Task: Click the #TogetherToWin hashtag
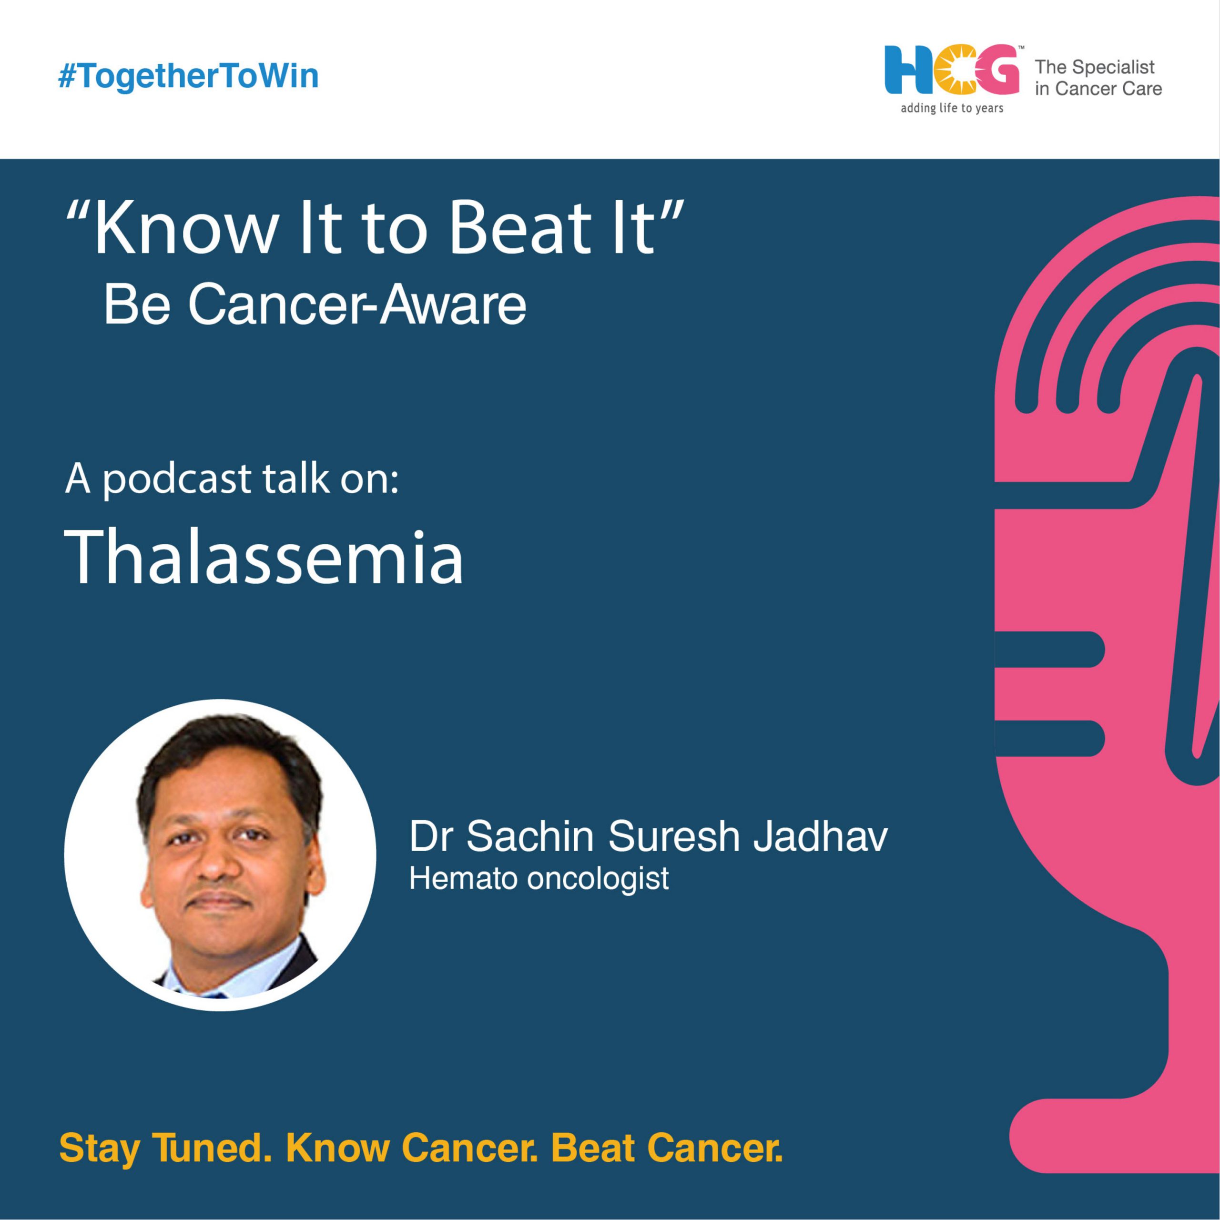tap(188, 76)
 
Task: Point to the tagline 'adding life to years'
tap(952, 108)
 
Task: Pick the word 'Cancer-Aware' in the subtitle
tap(357, 305)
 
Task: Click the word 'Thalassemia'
tap(264, 557)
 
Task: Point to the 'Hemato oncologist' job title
tap(539, 878)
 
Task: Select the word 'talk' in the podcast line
tap(296, 478)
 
